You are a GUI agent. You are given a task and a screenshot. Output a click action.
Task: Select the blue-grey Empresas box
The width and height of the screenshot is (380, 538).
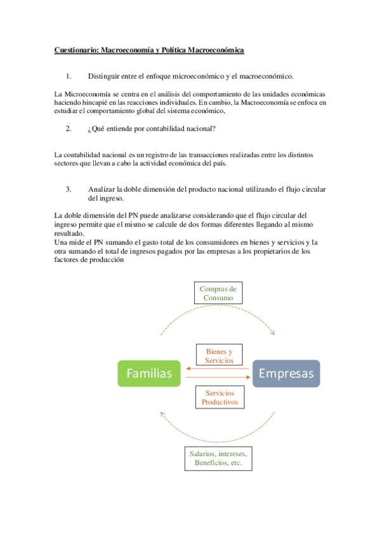coord(286,374)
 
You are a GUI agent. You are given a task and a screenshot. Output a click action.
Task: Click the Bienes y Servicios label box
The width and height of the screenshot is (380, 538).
coord(219,355)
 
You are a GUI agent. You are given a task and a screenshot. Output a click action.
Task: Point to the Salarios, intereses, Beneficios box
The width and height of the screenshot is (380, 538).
coord(219,459)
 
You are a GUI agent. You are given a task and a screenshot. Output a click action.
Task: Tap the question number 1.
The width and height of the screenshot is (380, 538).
coord(69,76)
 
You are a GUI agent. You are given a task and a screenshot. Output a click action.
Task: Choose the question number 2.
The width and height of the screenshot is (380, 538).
coord(69,129)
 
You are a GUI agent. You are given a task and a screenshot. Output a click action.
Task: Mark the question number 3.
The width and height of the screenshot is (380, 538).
coord(69,189)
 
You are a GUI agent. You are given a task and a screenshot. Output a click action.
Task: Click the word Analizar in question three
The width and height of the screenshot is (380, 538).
coord(102,189)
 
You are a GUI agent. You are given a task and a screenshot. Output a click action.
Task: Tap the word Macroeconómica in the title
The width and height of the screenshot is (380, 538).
coord(213,49)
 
